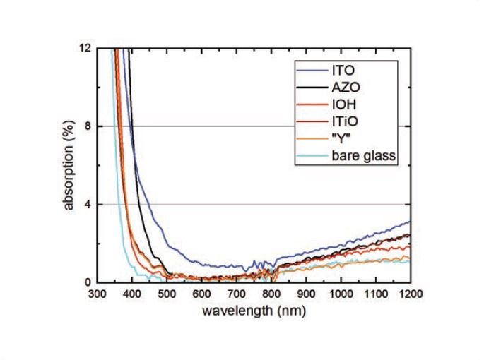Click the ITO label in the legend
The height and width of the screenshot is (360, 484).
tap(343, 71)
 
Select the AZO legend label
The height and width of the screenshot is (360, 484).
tap(346, 88)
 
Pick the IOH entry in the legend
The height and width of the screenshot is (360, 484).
tap(344, 104)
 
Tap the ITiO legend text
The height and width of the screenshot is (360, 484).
tap(345, 121)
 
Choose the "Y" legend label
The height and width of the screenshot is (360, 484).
tap(341, 138)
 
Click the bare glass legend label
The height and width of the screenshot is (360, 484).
tap(364, 155)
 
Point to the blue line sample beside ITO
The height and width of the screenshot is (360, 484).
tap(312, 71)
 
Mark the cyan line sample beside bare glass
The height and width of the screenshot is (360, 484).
tap(312, 155)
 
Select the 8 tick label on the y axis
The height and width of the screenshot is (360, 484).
tap(87, 126)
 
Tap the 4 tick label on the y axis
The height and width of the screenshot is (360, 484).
tap(87, 205)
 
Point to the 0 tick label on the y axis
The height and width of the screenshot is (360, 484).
tap(87, 282)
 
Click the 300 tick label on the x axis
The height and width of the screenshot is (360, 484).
tap(98, 294)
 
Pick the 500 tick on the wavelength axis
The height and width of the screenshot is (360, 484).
tap(167, 294)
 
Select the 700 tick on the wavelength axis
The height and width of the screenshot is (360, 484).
tap(237, 294)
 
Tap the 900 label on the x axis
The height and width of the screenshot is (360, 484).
tap(306, 294)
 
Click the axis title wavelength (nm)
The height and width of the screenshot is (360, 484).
tap(254, 311)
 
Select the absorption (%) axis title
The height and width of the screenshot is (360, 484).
tap(69, 165)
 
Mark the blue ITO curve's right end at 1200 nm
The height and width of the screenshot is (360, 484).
tap(411, 221)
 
